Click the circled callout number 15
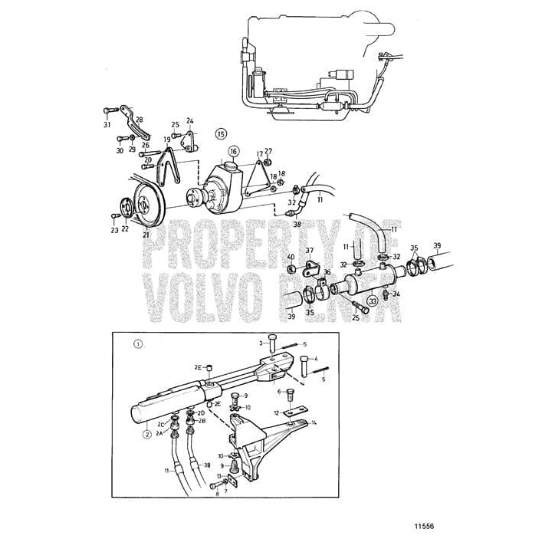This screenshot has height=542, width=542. tap(222, 132)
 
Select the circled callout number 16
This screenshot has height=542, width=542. tap(233, 151)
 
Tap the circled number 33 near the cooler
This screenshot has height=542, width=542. tap(373, 302)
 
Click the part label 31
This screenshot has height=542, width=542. tap(107, 125)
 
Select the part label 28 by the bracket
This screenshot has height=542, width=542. tap(139, 120)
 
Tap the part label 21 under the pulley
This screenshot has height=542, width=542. tap(145, 235)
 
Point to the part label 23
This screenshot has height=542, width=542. tap(114, 229)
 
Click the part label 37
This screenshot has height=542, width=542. tap(310, 250)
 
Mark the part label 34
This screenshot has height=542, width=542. tap(397, 293)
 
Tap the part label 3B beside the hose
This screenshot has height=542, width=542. tap(206, 465)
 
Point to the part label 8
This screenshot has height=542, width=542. tap(216, 495)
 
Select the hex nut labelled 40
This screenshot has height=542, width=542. tap(291, 269)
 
